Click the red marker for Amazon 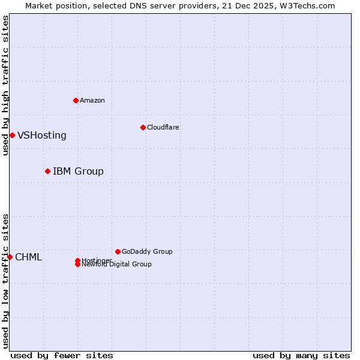point(76,100)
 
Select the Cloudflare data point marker point(143,127)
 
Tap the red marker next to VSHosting point(12,135)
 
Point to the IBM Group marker point(47,171)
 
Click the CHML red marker point(10,257)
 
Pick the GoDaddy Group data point point(118,251)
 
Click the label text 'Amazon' point(92,100)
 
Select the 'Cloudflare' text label point(163,127)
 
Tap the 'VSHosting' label point(42,135)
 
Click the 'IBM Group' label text point(78,171)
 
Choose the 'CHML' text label point(28,257)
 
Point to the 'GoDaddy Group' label point(147,251)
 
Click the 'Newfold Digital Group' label point(116,264)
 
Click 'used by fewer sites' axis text point(62,355)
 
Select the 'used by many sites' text point(301,355)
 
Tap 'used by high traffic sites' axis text point(5,85)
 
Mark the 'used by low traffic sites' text point(5,280)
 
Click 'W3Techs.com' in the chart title point(308,5)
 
